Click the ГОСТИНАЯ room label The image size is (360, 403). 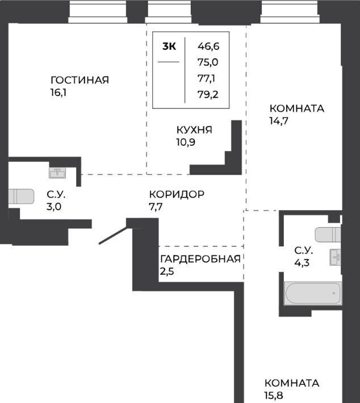point(79,80)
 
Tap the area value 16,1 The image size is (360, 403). point(58,93)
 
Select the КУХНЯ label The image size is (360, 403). point(194,130)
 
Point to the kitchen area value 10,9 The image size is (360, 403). point(186,142)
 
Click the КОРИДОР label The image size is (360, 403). point(177,194)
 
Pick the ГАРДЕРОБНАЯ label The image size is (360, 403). point(200,259)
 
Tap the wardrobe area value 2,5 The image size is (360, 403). point(167,271)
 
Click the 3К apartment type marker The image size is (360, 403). point(169,47)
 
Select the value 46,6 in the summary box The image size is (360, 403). point(208,47)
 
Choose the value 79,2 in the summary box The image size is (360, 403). point(208,95)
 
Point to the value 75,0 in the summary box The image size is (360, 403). point(208,62)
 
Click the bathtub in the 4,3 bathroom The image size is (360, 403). point(313,293)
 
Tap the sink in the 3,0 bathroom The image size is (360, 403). point(57,173)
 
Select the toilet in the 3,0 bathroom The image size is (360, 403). point(21,196)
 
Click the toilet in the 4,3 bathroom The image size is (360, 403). point(328,234)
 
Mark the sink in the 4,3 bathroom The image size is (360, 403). point(336,257)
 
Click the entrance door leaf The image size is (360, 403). point(113,235)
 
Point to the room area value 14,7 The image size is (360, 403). point(279,120)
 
